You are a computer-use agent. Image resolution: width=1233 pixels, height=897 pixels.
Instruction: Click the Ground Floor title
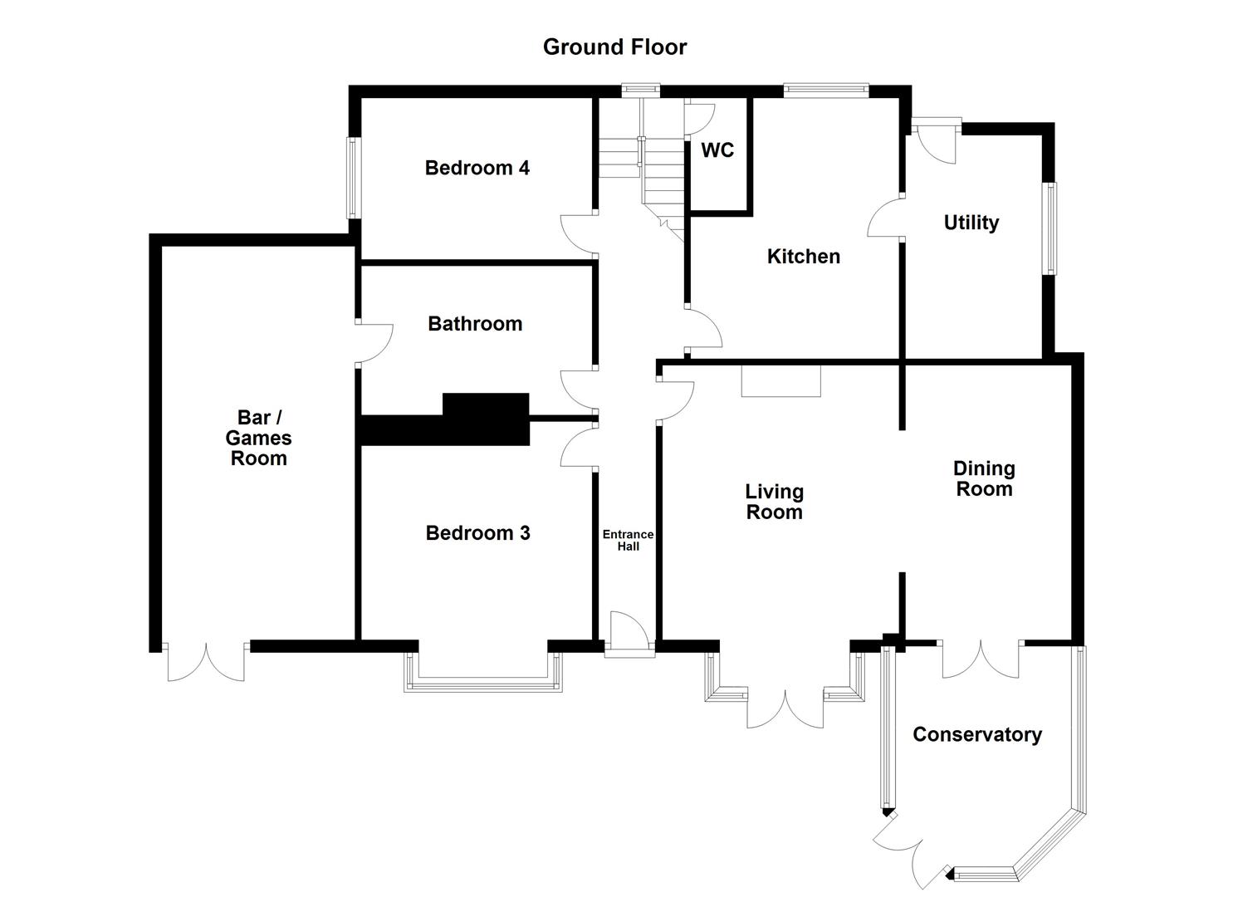click(614, 47)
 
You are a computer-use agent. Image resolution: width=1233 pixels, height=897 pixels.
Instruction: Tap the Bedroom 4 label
click(477, 168)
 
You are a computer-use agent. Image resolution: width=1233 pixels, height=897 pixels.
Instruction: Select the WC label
click(717, 150)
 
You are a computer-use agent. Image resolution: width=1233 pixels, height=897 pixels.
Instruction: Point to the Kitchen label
click(803, 257)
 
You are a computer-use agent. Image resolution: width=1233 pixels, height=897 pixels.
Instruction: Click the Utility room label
click(971, 223)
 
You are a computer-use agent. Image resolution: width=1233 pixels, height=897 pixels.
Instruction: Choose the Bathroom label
click(475, 324)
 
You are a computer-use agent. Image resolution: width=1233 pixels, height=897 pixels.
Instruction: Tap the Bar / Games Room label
click(258, 438)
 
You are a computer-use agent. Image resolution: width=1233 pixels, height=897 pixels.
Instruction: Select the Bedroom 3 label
click(477, 533)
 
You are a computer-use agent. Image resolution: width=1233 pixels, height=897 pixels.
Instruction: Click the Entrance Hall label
click(628, 540)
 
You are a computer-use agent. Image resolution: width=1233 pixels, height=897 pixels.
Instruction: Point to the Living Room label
click(774, 502)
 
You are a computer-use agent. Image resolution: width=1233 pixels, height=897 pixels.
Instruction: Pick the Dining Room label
click(984, 478)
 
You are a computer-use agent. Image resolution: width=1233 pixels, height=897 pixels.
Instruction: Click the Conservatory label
click(976, 734)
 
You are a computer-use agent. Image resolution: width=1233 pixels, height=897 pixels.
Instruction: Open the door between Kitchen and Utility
click(886, 218)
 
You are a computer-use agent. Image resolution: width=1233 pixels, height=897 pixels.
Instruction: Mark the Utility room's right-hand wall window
click(1051, 228)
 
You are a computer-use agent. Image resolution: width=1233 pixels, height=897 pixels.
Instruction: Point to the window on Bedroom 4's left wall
click(353, 178)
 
